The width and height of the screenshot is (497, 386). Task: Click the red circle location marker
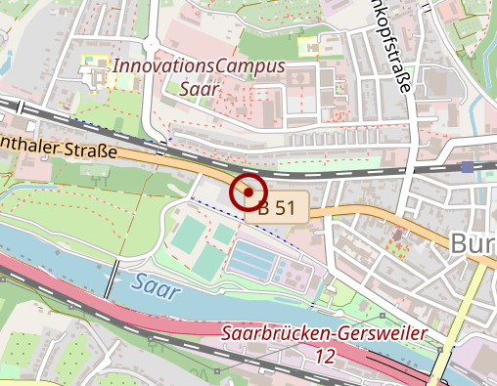(x=249, y=193)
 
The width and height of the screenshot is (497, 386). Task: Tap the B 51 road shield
(x=278, y=207)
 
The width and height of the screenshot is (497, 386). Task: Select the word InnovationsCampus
(x=200, y=66)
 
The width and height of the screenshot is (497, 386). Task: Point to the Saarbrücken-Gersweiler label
(x=324, y=334)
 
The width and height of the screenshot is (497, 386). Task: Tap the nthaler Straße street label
(x=59, y=147)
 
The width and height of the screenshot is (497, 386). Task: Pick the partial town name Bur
(x=474, y=244)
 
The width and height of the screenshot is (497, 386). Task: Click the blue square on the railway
(x=468, y=167)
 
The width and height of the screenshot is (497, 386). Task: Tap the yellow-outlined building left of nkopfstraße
(x=309, y=45)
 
